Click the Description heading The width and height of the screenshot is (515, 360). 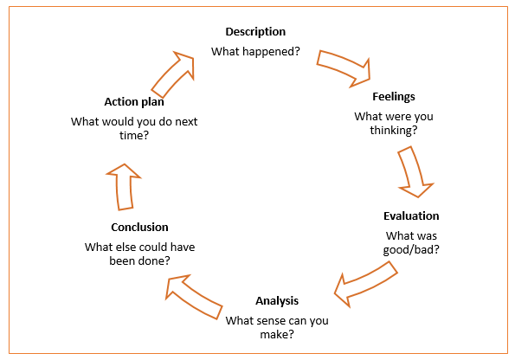[x=255, y=32]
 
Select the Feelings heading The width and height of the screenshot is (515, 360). [x=394, y=97]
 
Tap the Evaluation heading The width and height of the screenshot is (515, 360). [x=411, y=215]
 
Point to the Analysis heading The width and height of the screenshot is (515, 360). [x=277, y=301]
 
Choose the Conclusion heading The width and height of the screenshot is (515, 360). [x=139, y=227]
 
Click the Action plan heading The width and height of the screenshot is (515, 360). [x=134, y=102]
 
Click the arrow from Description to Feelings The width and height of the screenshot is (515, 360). [x=344, y=68]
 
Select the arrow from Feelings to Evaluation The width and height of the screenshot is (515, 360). [x=415, y=172]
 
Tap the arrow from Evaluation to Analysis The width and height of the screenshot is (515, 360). [x=365, y=284]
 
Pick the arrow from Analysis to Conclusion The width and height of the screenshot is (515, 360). [x=194, y=296]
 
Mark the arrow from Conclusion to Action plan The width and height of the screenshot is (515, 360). [x=124, y=187]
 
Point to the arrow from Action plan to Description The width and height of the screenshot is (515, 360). [x=173, y=74]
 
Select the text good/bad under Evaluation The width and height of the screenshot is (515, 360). [x=411, y=250]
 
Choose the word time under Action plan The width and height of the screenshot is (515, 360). [x=131, y=135]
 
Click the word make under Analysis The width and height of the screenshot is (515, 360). [x=274, y=334]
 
